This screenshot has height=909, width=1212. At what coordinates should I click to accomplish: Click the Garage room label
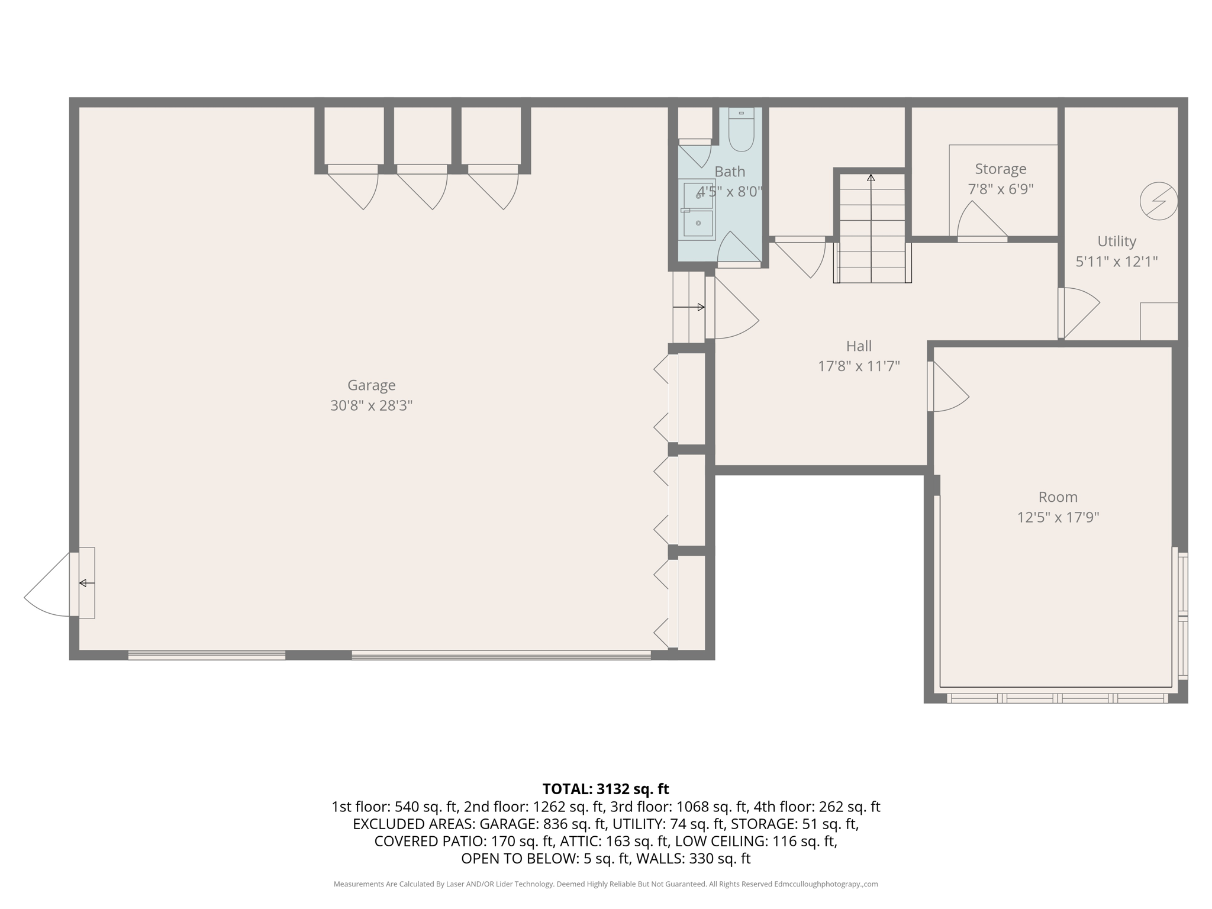tap(371, 385)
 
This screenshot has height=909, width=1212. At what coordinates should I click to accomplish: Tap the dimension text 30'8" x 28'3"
tap(371, 406)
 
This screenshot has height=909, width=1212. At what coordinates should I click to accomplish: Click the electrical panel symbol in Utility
tap(1158, 201)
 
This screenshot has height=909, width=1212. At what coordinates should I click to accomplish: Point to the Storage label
tap(1000, 169)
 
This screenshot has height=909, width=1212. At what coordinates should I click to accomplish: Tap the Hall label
tap(859, 346)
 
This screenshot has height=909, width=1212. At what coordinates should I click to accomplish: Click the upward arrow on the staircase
tap(871, 178)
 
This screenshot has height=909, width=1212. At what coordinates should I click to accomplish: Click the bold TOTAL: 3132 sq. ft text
tap(605, 789)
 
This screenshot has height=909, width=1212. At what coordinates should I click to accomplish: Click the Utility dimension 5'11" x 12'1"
tap(1116, 262)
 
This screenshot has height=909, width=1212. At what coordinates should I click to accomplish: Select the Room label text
tap(1058, 497)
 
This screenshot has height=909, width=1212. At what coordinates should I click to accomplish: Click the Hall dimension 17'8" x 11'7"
tap(859, 367)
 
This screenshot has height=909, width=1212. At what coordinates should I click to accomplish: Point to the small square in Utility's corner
tap(1158, 321)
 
